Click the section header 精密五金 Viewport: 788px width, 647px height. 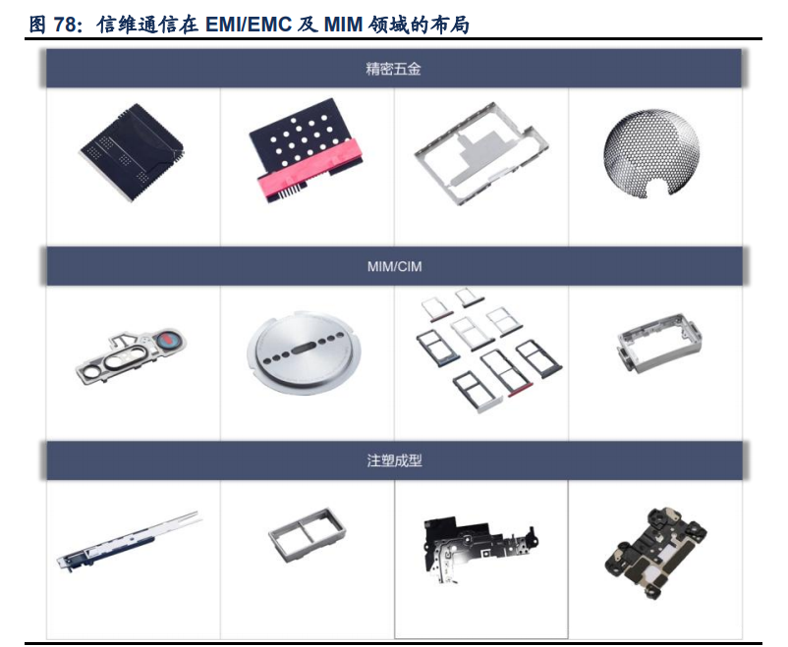click(x=393, y=70)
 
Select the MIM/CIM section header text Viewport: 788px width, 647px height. click(x=393, y=266)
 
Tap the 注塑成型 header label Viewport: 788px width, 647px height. click(x=393, y=459)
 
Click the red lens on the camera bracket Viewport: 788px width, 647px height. click(x=167, y=341)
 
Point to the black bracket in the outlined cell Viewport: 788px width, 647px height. click(x=479, y=550)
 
